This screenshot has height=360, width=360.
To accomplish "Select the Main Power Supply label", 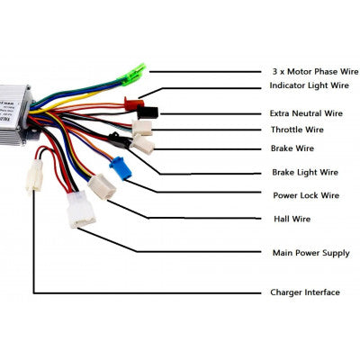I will tap(310, 253).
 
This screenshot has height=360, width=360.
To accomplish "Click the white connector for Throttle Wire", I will tap(142, 128).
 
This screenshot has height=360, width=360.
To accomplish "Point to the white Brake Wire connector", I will tap(142, 144).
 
